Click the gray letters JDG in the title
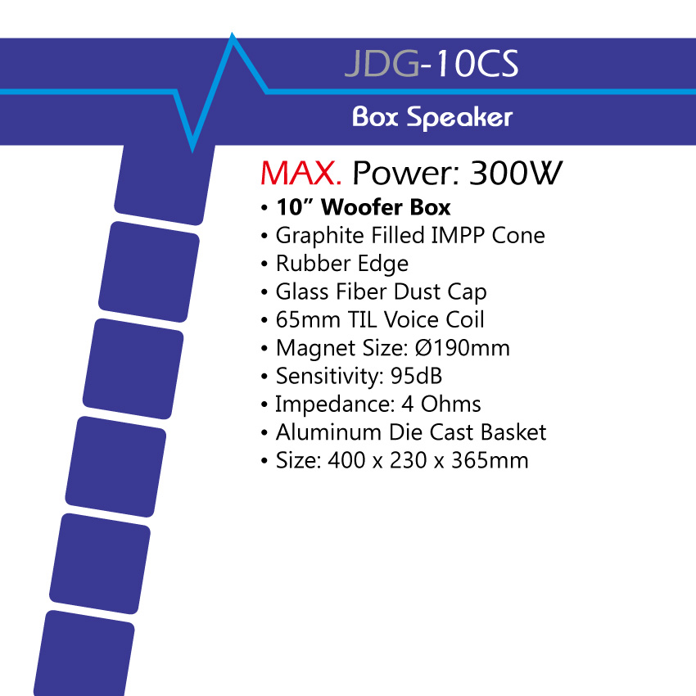pos(382,64)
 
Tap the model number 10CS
pos(476,64)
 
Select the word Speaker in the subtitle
pos(460,118)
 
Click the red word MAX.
pos(301,173)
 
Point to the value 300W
pos(516,173)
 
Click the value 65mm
pos(308,319)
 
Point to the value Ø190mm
pos(462,348)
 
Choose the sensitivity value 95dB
pos(416,376)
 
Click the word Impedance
pos(335,404)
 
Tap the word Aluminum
pos(329,432)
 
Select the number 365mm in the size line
pos(490,460)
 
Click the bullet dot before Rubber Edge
pos(264,264)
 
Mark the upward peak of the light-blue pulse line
pos(233,34)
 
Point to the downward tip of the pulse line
pos(192,151)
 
